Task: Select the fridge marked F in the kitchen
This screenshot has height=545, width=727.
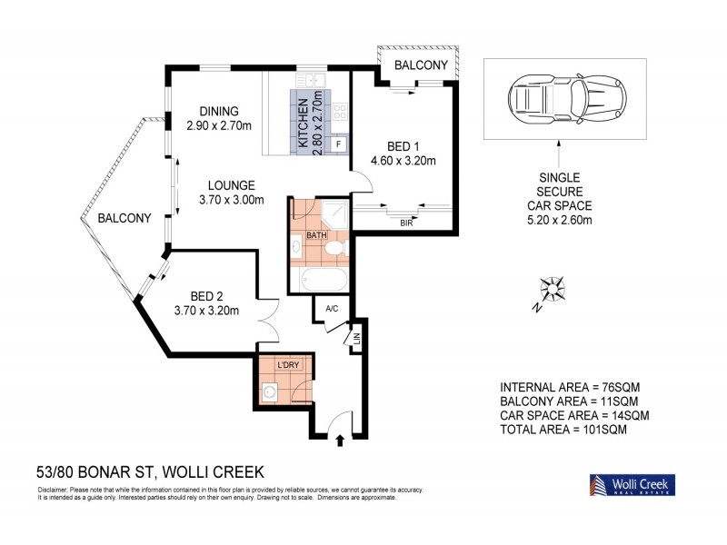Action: point(339,144)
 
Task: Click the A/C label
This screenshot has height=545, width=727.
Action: point(332,310)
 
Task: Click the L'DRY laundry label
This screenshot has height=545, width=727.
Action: point(288,365)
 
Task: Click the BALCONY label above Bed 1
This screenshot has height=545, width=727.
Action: point(420,65)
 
